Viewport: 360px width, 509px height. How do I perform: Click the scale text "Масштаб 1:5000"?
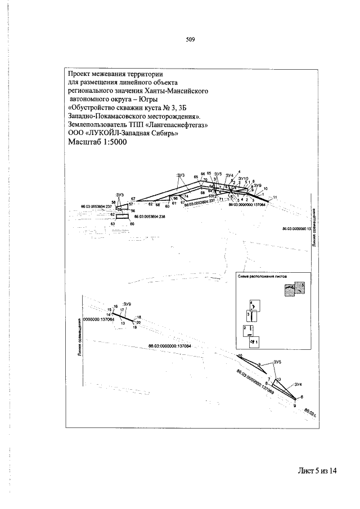(97, 142)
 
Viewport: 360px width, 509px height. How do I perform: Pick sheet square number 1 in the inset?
(255, 341)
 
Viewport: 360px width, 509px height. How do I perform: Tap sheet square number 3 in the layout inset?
(248, 313)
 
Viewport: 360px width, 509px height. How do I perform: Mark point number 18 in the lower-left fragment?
(138, 317)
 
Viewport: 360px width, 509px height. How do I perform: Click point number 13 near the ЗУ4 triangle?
(279, 380)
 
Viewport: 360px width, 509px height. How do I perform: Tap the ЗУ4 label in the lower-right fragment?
(299, 384)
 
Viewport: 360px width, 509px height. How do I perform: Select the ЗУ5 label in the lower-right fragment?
(277, 362)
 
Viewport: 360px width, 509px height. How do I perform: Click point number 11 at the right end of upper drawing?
(275, 196)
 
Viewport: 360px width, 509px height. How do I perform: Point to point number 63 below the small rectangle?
(112, 224)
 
